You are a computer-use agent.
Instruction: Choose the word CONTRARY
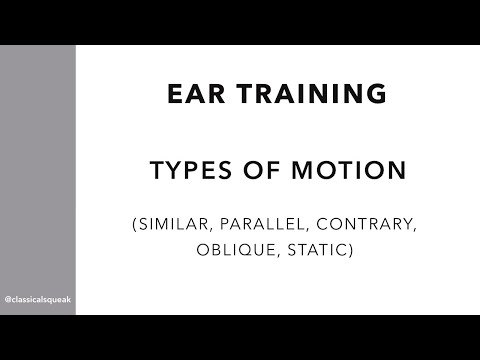click(x=364, y=227)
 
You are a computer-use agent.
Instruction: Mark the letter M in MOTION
click(x=300, y=171)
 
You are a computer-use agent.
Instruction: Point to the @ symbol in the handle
click(x=9, y=299)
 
